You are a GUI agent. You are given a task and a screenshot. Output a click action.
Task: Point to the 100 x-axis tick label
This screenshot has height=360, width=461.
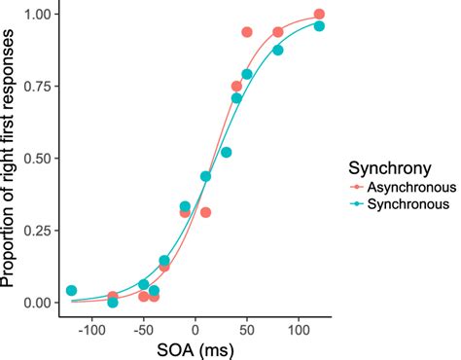pyautogui.click(x=298, y=328)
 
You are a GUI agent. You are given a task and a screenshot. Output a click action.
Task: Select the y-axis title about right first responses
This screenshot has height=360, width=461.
pyautogui.click(x=11, y=161)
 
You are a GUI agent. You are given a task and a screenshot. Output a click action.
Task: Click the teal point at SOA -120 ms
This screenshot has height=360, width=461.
pyautogui.click(x=71, y=291)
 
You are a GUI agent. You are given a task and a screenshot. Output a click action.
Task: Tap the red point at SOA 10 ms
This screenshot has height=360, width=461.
pyautogui.click(x=205, y=212)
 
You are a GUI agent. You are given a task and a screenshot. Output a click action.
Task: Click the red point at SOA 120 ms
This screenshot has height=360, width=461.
pyautogui.click(x=319, y=15)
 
